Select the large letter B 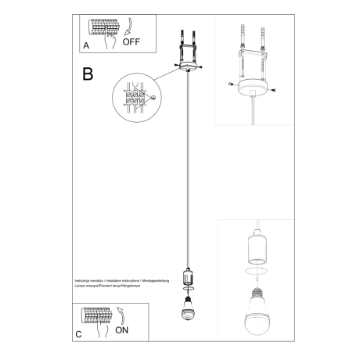[x=88, y=75]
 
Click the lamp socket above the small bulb [x=187, y=277]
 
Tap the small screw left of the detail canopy [x=230, y=83]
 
